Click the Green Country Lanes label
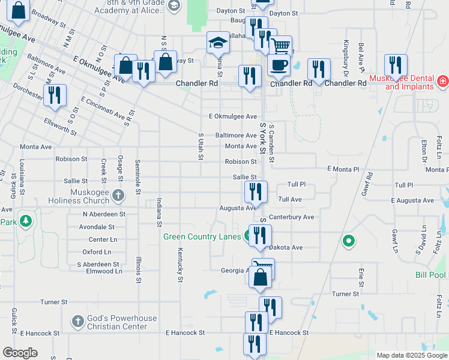(202, 236)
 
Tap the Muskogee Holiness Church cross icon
(118, 194)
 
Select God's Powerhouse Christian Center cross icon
(77, 322)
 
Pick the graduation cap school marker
(218, 42)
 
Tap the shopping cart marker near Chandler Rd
(281, 46)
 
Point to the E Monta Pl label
(343, 170)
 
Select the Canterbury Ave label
(292, 217)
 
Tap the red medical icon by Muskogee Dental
(442, 80)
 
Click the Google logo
(20, 353)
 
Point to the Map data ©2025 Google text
(411, 355)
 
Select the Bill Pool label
(430, 275)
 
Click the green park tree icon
(25, 221)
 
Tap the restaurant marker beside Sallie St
(256, 191)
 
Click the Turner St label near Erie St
(345, 294)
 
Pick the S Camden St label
(271, 144)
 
